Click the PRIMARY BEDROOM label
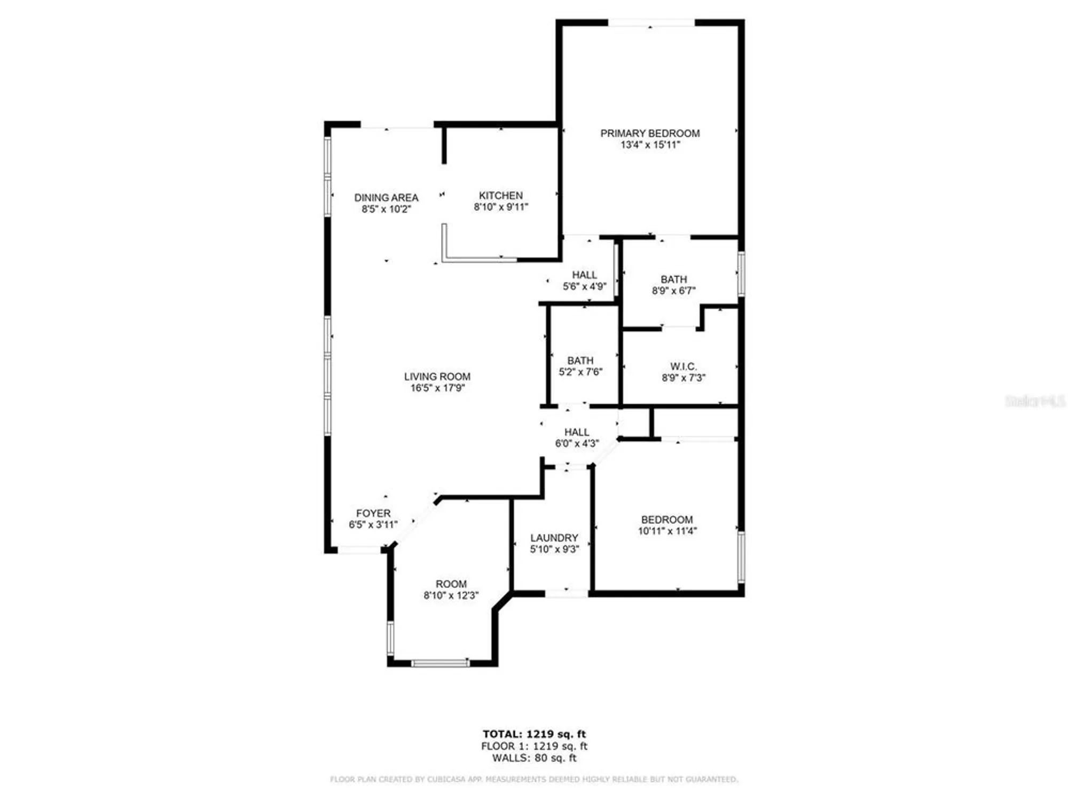coord(650,133)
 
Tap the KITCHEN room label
coord(500,195)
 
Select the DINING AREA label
coord(386,198)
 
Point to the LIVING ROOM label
coord(437,376)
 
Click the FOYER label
coord(373,513)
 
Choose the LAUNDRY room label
coord(554,538)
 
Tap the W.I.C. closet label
coord(684,366)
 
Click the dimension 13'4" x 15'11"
coord(650,145)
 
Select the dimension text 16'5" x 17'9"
coord(437,388)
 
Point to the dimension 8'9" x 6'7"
coord(673,290)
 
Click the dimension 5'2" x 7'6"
coord(580,372)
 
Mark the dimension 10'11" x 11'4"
coord(667,531)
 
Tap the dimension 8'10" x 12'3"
coord(451,595)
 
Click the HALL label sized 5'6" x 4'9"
coord(584,275)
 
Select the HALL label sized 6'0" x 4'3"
coord(577,432)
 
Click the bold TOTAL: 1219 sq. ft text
coord(534,734)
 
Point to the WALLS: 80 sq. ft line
coord(534,758)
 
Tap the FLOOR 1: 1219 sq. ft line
coord(534,746)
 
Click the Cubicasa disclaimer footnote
coord(534,780)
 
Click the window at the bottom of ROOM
coord(441,663)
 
